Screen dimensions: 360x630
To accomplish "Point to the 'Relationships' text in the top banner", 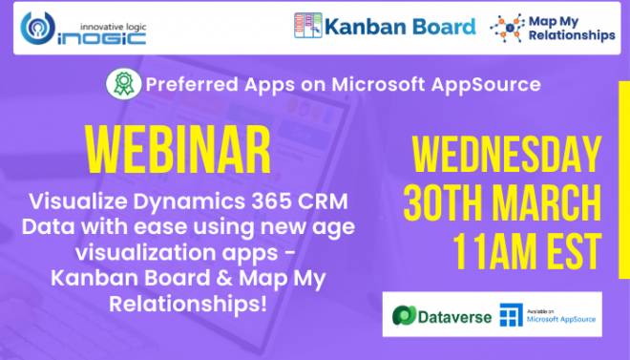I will click(575, 37).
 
